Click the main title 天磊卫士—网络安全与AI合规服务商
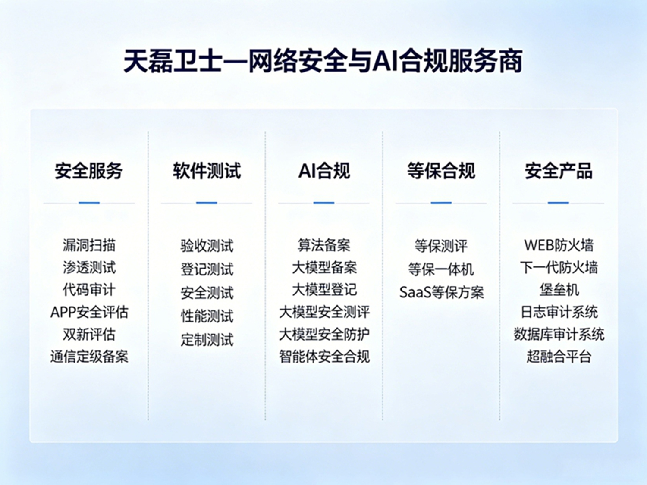[323, 61]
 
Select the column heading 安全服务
[89, 171]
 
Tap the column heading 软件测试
[207, 171]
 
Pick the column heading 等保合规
[441, 171]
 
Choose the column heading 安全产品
[559, 171]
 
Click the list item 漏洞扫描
[89, 245]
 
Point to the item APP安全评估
[89, 312]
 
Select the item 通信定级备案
[89, 357]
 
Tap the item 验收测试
[207, 246]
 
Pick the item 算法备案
[324, 245]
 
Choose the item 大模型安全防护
[324, 334]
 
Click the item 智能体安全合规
[324, 357]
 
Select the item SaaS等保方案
[441, 292]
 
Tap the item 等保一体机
[441, 269]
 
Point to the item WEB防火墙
[559, 245]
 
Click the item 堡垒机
[559, 290]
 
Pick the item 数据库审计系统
[559, 334]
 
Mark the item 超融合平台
[559, 357]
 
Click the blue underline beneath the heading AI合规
[323, 203]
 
